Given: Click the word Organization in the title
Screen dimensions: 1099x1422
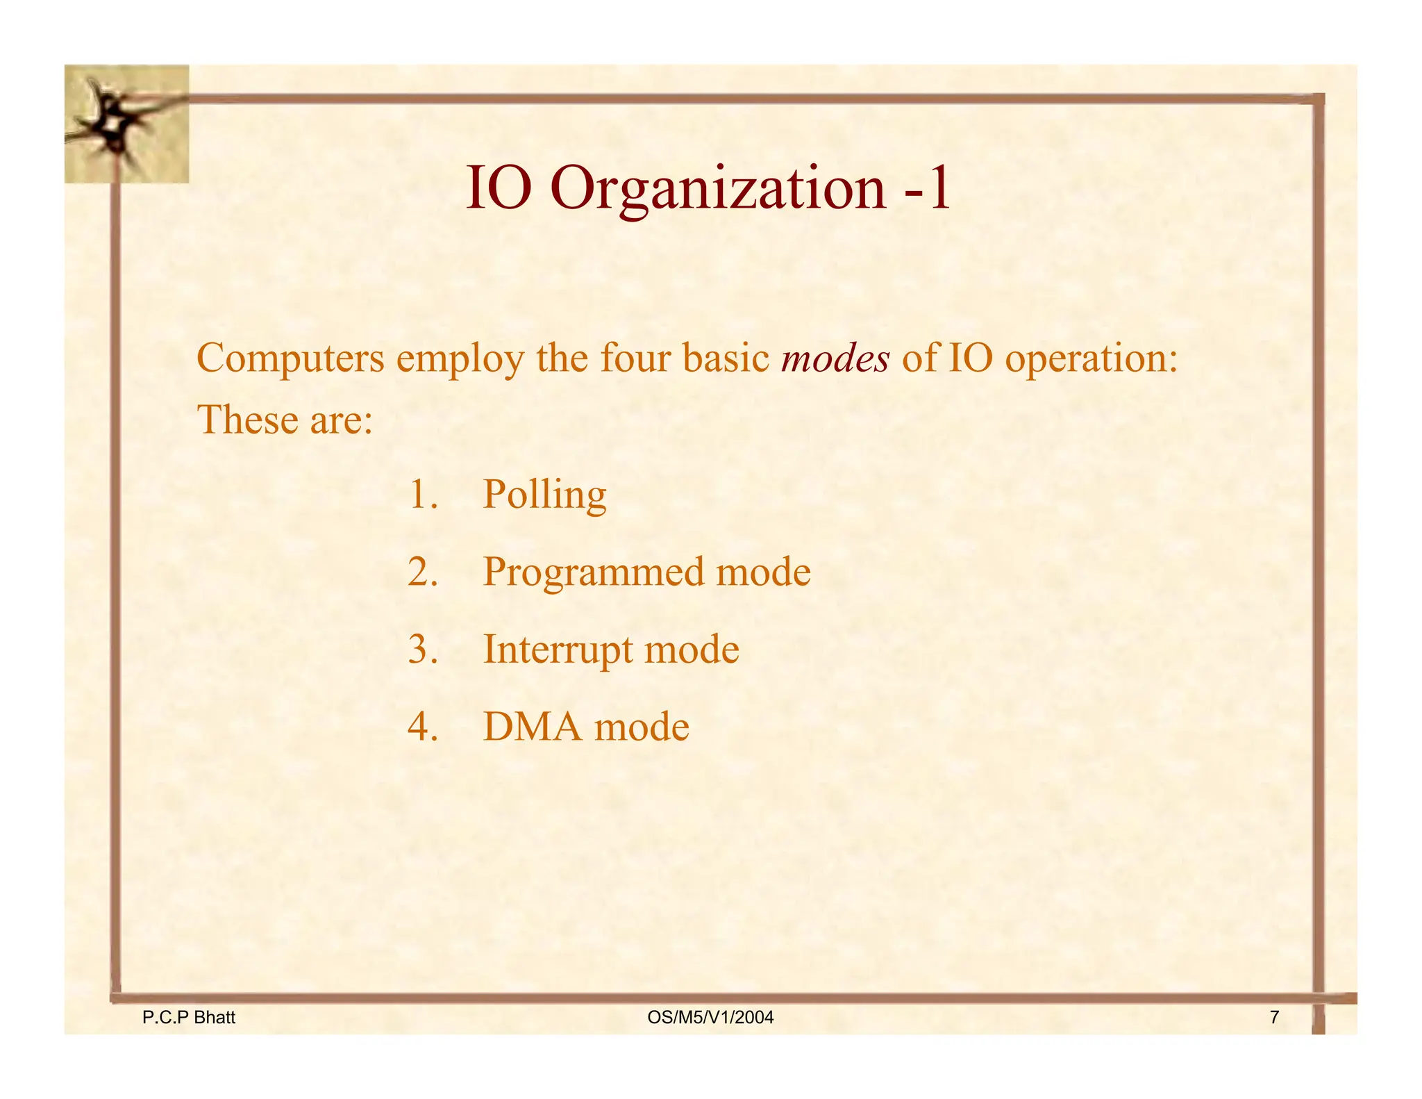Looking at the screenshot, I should [x=718, y=189].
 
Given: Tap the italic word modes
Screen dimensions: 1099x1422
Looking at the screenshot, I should [x=835, y=358].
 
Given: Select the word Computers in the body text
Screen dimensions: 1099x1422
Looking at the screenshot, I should [x=290, y=358].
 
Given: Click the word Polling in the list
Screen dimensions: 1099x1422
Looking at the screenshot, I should [x=544, y=496].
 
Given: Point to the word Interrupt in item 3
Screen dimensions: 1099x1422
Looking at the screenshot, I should [x=558, y=650].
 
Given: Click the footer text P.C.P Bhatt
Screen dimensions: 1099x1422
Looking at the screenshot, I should [x=188, y=1018].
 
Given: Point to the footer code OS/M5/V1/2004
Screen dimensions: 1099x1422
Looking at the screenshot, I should [x=710, y=1018].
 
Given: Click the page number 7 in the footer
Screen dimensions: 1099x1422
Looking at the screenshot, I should [x=1274, y=1018].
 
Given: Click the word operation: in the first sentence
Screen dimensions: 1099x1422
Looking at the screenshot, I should [x=1091, y=360].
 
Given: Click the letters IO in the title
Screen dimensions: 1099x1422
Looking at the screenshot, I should [x=498, y=189].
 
